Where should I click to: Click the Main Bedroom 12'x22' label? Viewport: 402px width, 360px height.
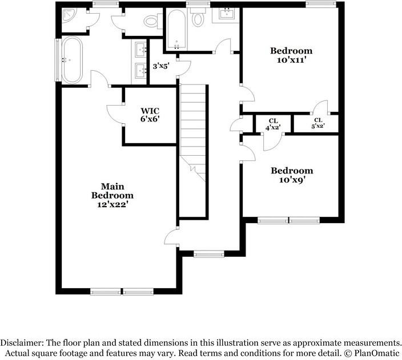point(112,195)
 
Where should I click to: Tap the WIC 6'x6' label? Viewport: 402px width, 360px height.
point(150,115)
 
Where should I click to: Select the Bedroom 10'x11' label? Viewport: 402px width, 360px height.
point(291,55)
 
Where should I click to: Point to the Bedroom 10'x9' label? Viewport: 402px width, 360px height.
point(292,175)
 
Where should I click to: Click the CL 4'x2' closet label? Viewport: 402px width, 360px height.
point(273,124)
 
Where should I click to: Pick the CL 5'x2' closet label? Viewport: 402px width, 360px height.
point(318,123)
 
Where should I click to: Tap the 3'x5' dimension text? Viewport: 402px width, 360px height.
point(161,67)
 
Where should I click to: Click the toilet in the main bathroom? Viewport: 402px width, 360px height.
point(151,22)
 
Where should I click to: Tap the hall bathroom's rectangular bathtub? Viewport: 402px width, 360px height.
point(176,30)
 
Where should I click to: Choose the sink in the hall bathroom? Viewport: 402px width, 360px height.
point(227,14)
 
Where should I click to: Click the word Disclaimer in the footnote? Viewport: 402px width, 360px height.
point(21,343)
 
